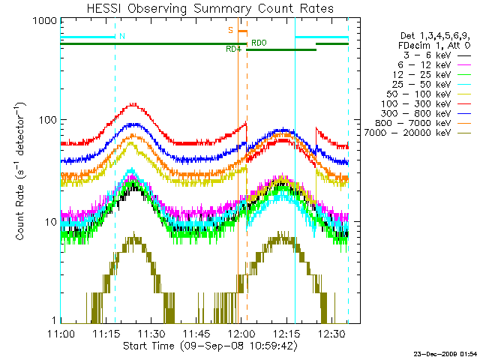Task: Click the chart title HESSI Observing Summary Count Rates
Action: pyautogui.click(x=210, y=8)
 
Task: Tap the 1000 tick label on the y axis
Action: pyautogui.click(x=45, y=21)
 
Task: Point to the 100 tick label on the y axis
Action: pyautogui.click(x=48, y=120)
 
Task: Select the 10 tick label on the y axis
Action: pyautogui.click(x=51, y=222)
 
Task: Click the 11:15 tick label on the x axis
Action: pyautogui.click(x=106, y=334)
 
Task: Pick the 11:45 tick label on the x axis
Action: pyautogui.click(x=196, y=334)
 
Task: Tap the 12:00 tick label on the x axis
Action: pyautogui.click(x=241, y=334)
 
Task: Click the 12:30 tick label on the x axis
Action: pyautogui.click(x=332, y=334)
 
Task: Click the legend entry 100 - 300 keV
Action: pyautogui.click(x=426, y=103)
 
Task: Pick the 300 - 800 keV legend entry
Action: pyautogui.click(x=426, y=113)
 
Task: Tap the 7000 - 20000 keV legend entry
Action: pyautogui.click(x=417, y=133)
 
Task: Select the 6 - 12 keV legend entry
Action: pyautogui.click(x=434, y=65)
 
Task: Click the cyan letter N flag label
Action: pyautogui.click(x=122, y=36)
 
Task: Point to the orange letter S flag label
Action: pyautogui.click(x=230, y=30)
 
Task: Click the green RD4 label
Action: pyautogui.click(x=233, y=49)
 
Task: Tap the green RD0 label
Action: pyautogui.click(x=259, y=43)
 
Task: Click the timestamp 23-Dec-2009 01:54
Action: pyautogui.click(x=445, y=354)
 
